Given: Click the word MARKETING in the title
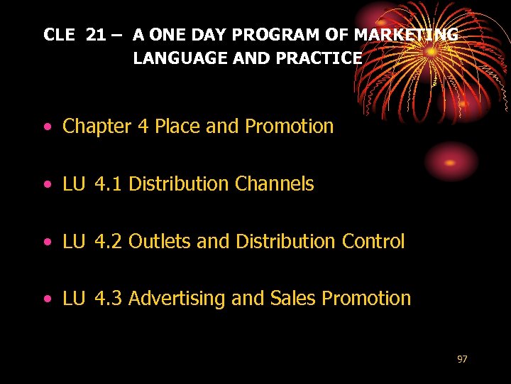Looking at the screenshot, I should [406, 34].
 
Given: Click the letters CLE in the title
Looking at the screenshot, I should [59, 34].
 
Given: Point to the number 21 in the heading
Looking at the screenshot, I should [96, 34].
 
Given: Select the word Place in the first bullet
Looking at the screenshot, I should [177, 127].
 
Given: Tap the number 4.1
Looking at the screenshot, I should [108, 184].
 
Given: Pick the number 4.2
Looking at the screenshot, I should [108, 242].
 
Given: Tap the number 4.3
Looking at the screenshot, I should [108, 299].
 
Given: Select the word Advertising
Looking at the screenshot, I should [177, 299].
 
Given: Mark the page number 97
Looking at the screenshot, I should [462, 360].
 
